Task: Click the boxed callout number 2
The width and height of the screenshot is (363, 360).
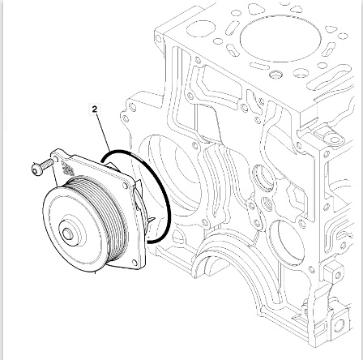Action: (95, 109)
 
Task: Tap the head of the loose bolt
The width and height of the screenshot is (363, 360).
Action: (37, 169)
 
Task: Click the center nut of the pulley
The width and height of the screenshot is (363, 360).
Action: (67, 234)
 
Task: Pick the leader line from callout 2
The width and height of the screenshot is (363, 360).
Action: (104, 133)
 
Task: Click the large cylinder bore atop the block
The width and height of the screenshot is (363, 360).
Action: (281, 39)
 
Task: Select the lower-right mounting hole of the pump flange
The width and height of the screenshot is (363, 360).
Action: (135, 262)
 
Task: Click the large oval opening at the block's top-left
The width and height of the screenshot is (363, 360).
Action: (201, 28)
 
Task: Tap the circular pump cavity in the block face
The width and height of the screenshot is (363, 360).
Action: (173, 178)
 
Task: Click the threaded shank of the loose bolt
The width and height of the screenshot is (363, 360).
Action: (48, 163)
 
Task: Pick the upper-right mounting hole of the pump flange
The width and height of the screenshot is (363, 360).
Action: (125, 186)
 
